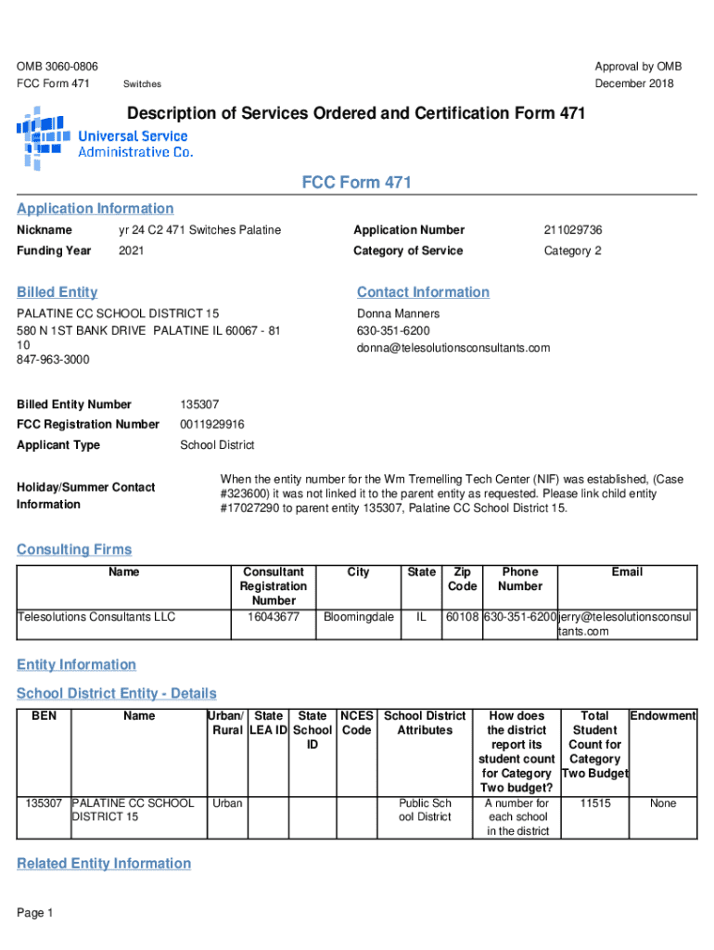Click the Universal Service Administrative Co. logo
[104, 137]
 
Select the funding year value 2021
[132, 251]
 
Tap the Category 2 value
[572, 251]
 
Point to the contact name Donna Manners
[398, 315]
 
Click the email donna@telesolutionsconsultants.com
[453, 348]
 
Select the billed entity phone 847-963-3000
[53, 359]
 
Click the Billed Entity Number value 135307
[199, 404]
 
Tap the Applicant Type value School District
[217, 445]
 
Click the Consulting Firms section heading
[74, 550]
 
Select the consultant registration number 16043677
[274, 617]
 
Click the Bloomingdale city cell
[358, 617]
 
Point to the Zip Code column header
[462, 579]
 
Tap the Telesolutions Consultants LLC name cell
[96, 617]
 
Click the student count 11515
[594, 803]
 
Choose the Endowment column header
[663, 716]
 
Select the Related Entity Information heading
[104, 864]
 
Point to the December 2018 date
[634, 84]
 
